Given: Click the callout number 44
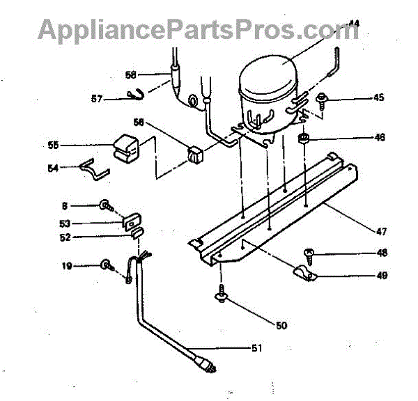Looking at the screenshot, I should pyautogui.click(x=355, y=24).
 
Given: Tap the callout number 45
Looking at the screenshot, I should pyautogui.click(x=378, y=97).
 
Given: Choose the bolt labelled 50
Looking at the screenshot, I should pyautogui.click(x=221, y=296).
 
